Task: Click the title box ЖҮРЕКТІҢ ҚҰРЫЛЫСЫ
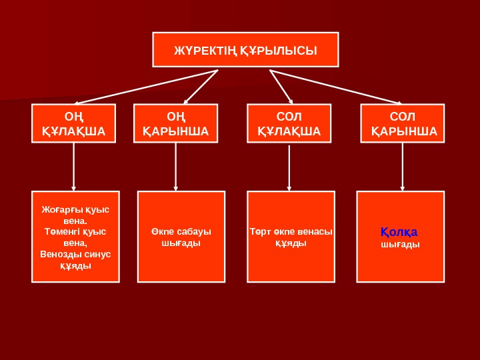(245, 50)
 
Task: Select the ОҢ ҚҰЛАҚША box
(73, 124)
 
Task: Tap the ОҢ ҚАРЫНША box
(176, 124)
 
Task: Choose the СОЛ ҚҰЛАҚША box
(289, 124)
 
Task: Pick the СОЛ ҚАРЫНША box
(402, 124)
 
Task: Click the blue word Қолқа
(399, 232)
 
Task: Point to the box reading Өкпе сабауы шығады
(181, 237)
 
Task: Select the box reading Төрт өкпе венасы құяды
(291, 237)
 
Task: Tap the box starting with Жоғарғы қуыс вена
(75, 237)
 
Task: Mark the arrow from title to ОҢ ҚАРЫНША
(198, 87)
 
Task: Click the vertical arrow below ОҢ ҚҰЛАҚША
(74, 167)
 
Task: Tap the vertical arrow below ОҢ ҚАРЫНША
(176, 167)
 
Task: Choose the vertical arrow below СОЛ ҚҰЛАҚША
(289, 167)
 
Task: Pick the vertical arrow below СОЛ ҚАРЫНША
(402, 167)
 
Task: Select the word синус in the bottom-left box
(98, 254)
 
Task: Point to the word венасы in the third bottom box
(315, 231)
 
